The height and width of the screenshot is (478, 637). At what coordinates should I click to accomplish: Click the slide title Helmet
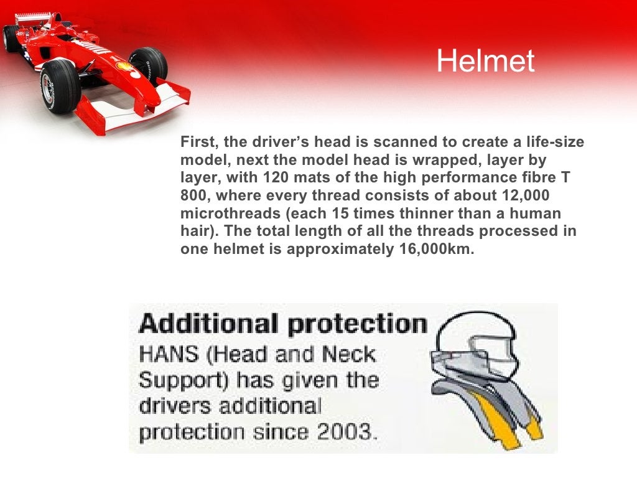(x=485, y=61)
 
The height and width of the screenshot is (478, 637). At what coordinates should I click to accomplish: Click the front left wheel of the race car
(x=59, y=86)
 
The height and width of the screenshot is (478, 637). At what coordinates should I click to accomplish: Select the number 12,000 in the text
(x=525, y=195)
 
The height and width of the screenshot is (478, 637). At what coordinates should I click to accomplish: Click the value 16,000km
(x=435, y=250)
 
